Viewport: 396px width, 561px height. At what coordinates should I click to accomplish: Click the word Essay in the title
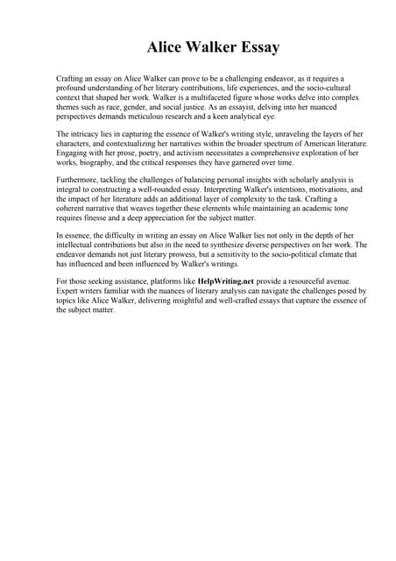pyautogui.click(x=256, y=46)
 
